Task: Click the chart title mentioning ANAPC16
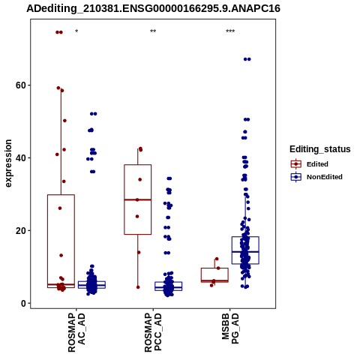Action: (153, 9)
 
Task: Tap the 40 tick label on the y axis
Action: (21, 158)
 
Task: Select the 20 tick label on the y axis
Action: (21, 231)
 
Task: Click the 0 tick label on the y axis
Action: (23, 304)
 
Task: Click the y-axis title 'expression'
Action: (8, 163)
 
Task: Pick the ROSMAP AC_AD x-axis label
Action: (76, 332)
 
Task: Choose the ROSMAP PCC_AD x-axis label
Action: (153, 332)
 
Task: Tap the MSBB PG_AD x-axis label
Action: (230, 328)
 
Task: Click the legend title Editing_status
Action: (320, 149)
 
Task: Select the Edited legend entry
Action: (310, 164)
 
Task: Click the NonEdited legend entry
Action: (316, 177)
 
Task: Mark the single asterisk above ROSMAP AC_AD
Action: (76, 31)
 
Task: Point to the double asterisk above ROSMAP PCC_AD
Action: (153, 31)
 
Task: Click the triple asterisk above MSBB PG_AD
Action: (230, 31)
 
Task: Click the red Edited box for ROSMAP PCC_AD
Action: (138, 165)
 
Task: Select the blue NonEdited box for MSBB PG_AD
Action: (245, 237)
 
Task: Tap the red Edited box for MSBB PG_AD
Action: (214, 268)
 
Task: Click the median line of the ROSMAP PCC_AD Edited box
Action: (138, 199)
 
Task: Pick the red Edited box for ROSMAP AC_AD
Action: (61, 195)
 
